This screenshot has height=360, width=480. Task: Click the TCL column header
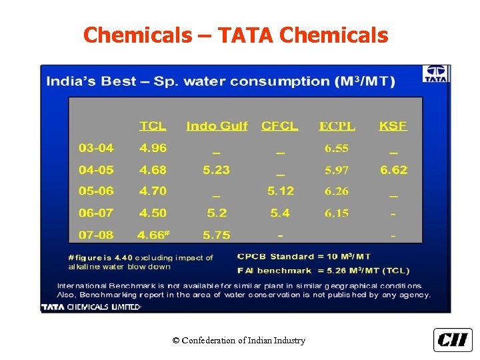tap(153, 126)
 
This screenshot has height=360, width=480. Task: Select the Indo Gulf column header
tap(217, 126)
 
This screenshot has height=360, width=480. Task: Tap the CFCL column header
tap(280, 126)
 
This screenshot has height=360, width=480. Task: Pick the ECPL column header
tap(337, 126)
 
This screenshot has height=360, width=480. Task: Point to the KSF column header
tap(393, 126)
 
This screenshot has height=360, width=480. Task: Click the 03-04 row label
tap(96, 148)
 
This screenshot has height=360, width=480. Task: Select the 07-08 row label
tap(96, 235)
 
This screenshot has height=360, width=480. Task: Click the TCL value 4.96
tap(153, 148)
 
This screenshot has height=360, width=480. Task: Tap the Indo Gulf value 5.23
tap(217, 170)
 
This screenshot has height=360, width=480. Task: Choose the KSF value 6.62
tap(393, 170)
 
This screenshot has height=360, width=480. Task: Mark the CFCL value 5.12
tap(280, 191)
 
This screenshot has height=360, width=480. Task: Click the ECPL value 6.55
tap(337, 148)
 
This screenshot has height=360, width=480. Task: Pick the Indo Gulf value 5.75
tap(217, 235)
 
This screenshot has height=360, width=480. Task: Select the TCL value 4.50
tap(153, 213)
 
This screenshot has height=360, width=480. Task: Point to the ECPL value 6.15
tap(337, 213)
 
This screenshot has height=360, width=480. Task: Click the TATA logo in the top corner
tap(436, 73)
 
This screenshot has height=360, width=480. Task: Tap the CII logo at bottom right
tap(453, 340)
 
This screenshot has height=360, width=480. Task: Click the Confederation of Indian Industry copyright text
tap(239, 341)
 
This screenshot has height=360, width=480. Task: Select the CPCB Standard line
tap(304, 257)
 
